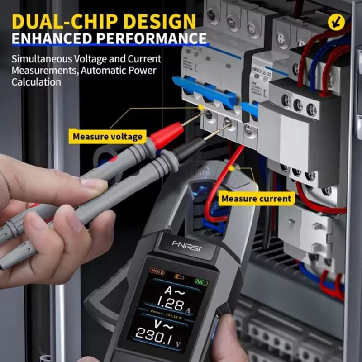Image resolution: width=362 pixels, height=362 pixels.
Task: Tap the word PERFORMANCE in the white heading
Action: pos(144,38)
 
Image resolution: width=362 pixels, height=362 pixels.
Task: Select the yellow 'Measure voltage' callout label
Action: pos(107,136)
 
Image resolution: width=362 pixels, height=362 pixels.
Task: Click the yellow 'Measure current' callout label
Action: pos(256,198)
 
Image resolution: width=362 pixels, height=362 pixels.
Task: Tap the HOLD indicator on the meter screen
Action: pos(158,272)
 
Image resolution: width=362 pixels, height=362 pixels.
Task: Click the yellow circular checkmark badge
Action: pos(336,22)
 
